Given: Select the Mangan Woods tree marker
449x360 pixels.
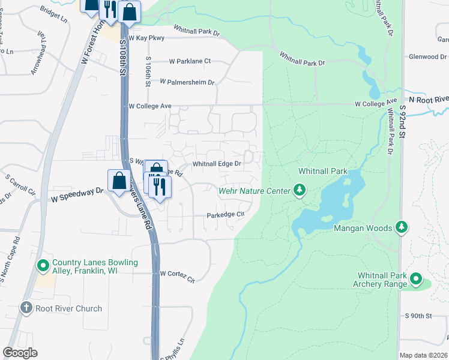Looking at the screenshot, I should pyautogui.click(x=402, y=227).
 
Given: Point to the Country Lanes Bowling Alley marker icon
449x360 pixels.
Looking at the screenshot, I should pyautogui.click(x=43, y=265).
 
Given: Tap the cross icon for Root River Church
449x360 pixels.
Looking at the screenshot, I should pyautogui.click(x=26, y=308).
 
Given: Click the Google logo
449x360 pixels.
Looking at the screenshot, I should pyautogui.click(x=20, y=353).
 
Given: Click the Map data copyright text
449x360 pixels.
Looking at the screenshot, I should pyautogui.click(x=423, y=355).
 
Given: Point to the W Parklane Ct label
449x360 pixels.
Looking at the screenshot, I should pyautogui.click(x=190, y=61).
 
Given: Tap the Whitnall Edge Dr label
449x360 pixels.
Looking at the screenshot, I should pyautogui.click(x=217, y=163).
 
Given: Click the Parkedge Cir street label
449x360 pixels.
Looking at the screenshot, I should pyautogui.click(x=226, y=214).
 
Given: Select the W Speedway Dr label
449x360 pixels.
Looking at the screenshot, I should pyautogui.click(x=77, y=194).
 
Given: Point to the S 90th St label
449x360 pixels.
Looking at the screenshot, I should pyautogui.click(x=418, y=316).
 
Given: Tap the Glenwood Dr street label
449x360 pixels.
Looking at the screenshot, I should pyautogui.click(x=424, y=56).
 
